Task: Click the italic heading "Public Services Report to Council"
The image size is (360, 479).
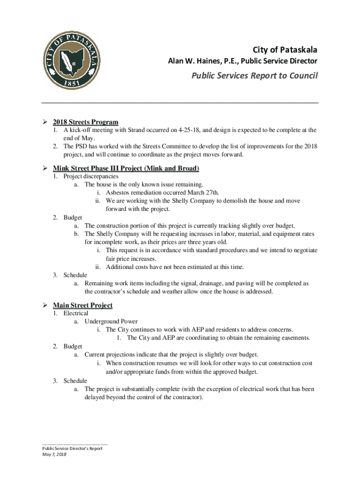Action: coord(254,75)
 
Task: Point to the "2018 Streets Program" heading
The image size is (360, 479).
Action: coord(85,122)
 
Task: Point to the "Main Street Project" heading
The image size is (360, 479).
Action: coord(82,305)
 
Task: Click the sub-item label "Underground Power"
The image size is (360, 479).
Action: coord(111,321)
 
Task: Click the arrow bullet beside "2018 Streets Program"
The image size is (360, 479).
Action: coord(45,122)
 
